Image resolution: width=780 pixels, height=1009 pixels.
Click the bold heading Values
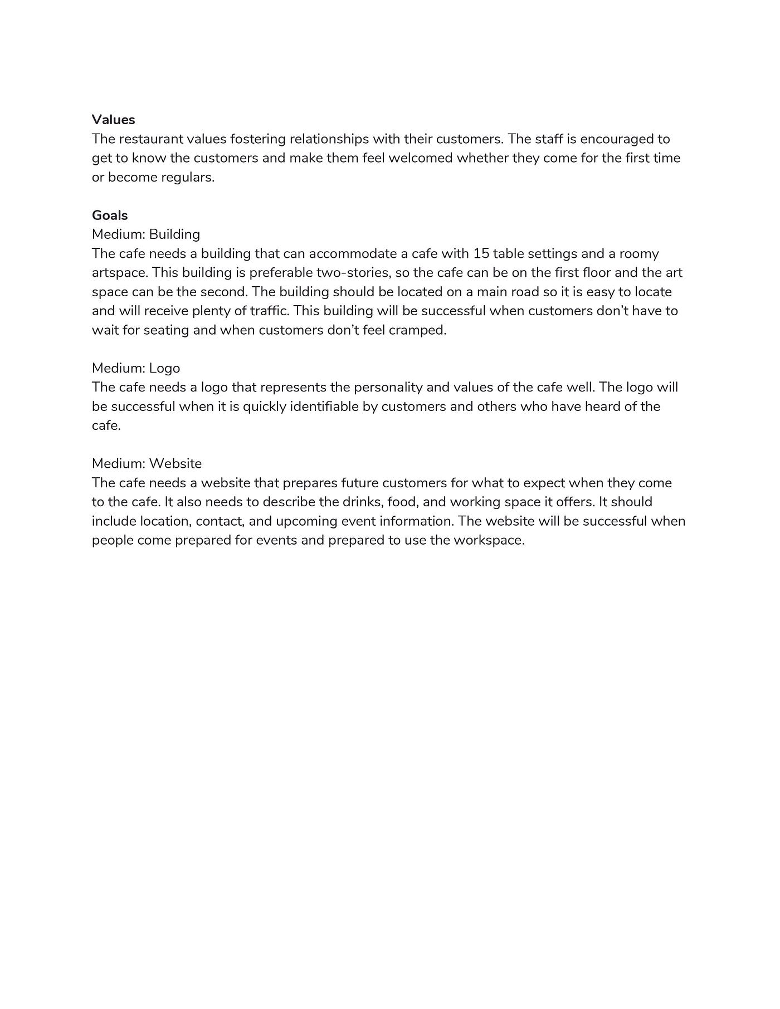(113, 120)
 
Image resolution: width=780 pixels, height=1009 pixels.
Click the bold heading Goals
(110, 215)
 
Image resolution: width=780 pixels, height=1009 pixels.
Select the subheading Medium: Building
(146, 234)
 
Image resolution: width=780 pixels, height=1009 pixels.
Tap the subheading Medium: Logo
(136, 368)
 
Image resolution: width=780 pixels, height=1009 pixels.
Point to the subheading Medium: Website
(147, 464)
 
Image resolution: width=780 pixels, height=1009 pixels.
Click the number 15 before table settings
(481, 254)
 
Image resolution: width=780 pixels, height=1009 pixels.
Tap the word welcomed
(420, 158)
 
